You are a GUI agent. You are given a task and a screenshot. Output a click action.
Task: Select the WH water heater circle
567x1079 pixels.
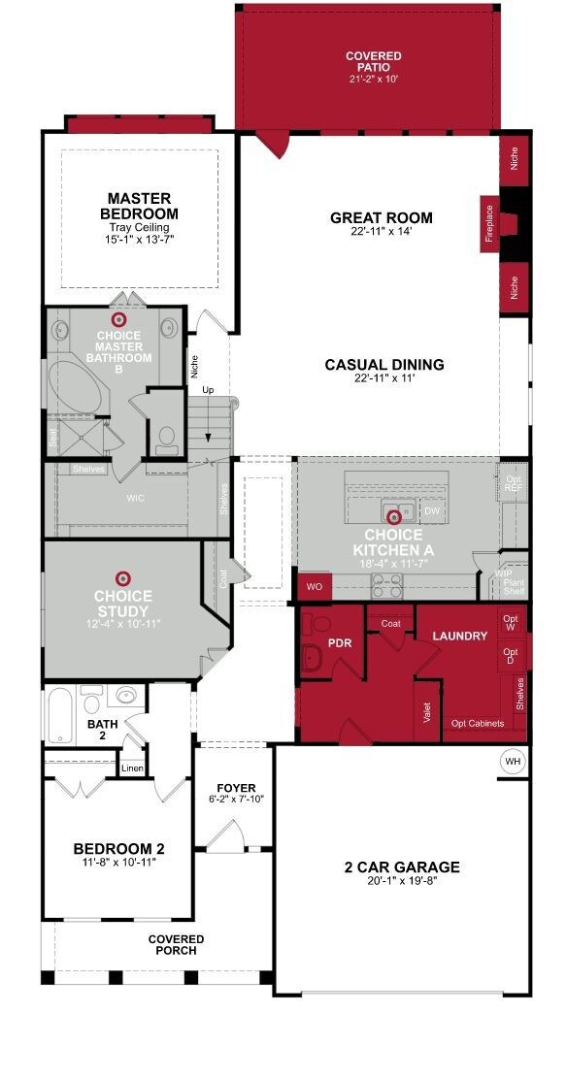512,762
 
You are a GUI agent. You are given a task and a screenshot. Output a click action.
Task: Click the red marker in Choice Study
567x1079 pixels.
122,578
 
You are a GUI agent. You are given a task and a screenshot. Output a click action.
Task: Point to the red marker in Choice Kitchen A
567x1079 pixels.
394,517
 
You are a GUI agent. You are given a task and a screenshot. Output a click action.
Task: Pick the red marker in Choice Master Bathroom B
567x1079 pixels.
119,319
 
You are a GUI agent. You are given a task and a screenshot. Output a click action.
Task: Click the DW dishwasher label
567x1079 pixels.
432,510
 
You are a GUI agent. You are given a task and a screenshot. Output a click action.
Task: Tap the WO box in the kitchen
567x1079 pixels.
315,587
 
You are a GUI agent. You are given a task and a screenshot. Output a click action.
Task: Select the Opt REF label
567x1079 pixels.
512,484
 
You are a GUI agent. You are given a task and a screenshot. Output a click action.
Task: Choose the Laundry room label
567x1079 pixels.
459,636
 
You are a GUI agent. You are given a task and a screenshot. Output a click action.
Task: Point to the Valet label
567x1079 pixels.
426,711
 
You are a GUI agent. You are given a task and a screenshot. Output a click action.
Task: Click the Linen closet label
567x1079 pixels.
132,768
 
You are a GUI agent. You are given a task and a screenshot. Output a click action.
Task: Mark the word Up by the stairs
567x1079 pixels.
208,389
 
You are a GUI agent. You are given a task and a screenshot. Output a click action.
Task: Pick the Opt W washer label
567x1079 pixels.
511,622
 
